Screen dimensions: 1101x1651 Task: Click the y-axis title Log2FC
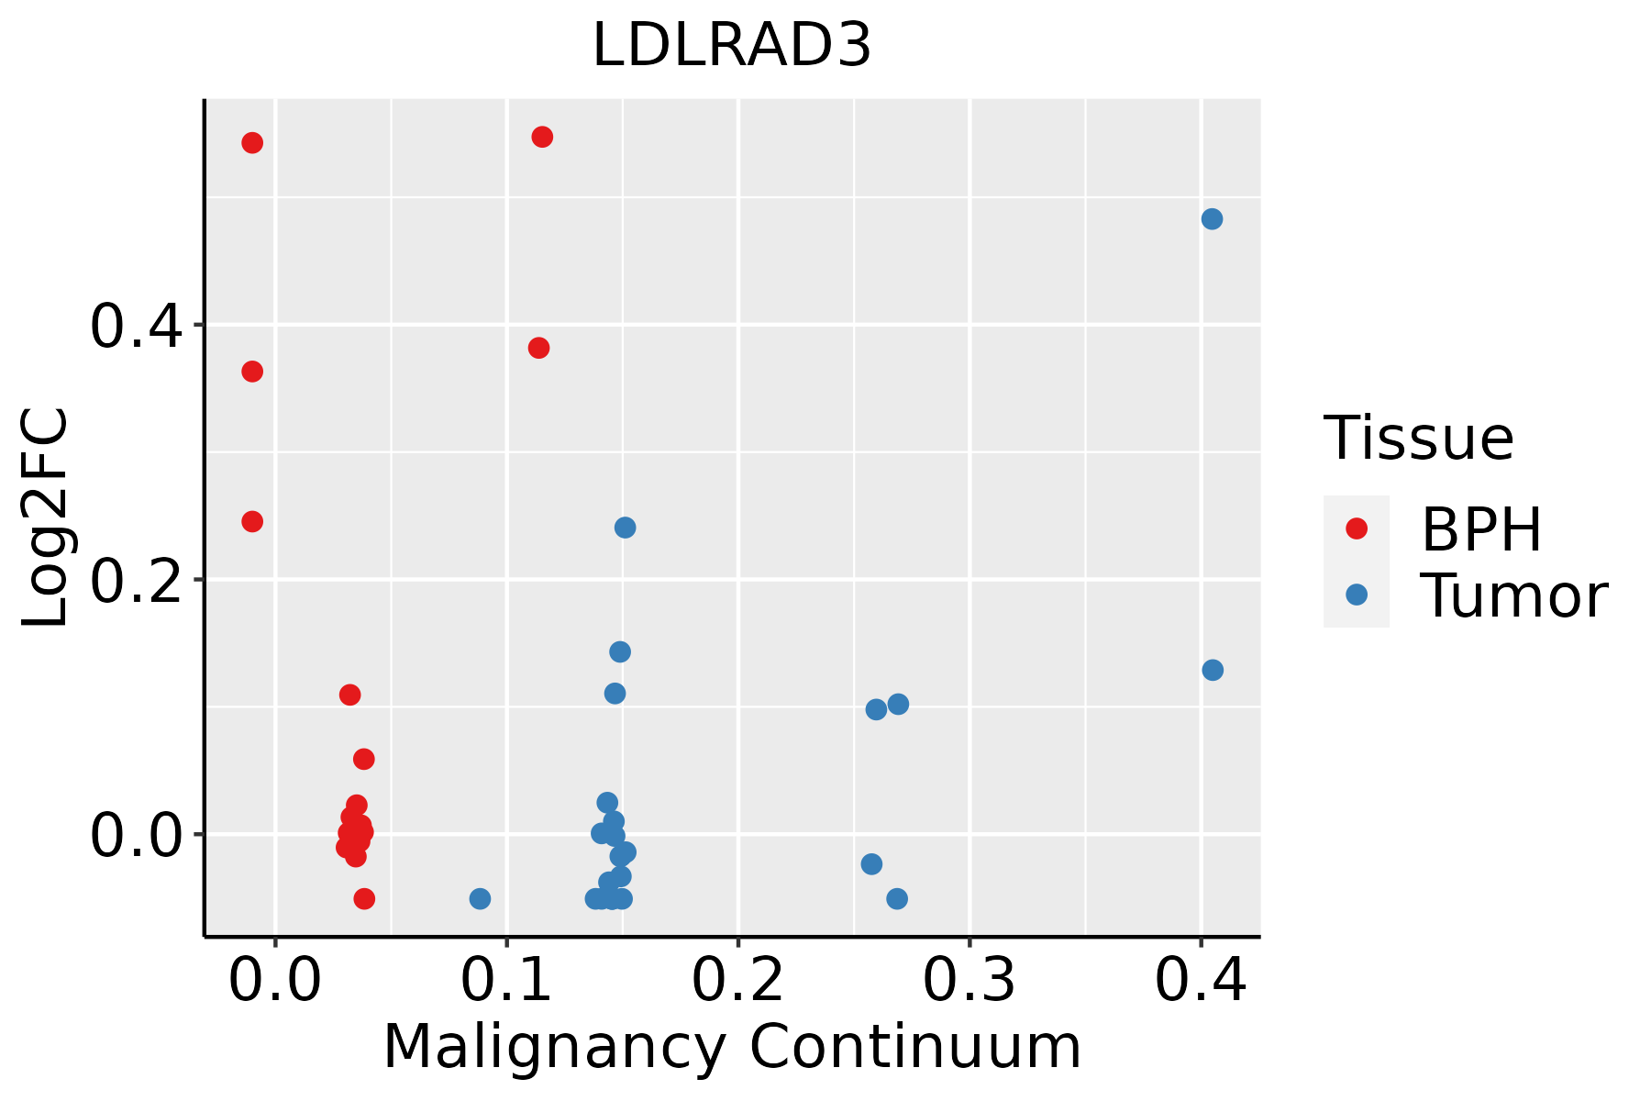pos(46,518)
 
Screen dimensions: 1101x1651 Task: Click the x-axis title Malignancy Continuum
pos(732,1047)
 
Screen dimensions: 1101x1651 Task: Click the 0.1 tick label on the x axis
pos(506,980)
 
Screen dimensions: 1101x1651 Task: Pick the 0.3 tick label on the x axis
pos(969,980)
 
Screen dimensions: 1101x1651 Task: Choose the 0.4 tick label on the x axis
pos(1200,980)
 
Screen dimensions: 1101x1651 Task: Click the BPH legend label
pos(1481,529)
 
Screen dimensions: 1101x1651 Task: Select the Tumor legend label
pos(1513,596)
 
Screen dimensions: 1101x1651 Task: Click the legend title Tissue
pos(1418,439)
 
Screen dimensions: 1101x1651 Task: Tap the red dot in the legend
pos(1356,528)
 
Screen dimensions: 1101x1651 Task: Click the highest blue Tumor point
pos(1212,219)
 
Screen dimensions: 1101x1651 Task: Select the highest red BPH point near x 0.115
pos(542,138)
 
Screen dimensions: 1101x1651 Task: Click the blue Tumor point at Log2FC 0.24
pos(625,528)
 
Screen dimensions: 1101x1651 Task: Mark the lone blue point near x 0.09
pos(480,898)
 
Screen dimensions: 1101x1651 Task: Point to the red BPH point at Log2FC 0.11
pos(349,695)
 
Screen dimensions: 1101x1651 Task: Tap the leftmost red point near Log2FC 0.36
pos(252,372)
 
